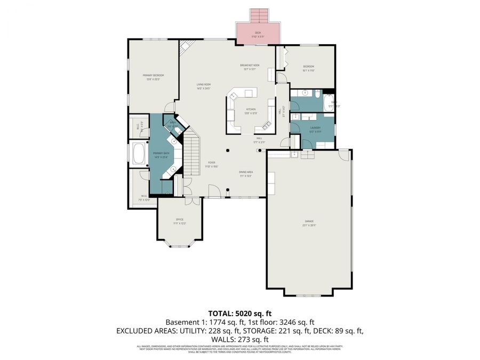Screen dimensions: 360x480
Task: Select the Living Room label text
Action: tap(204, 86)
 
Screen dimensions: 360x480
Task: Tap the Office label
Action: tap(180, 221)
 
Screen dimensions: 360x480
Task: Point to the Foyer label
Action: tap(212, 164)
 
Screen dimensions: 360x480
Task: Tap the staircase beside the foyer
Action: tap(191, 155)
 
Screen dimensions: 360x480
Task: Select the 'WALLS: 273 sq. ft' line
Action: tap(240, 339)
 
